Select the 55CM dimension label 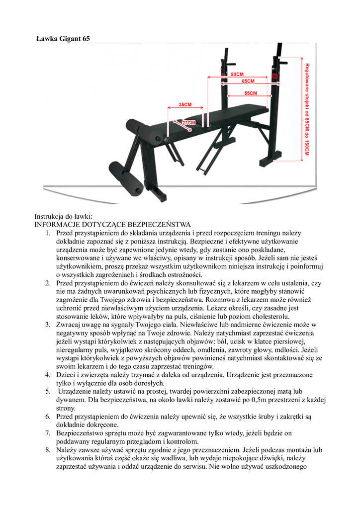click(x=251, y=93)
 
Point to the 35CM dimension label click(x=185, y=105)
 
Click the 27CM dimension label click(x=188, y=122)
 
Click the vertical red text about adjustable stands click(x=307, y=109)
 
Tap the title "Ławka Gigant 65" click(x=63, y=38)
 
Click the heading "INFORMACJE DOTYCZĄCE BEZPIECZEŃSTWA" click(x=109, y=225)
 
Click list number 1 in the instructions click(x=47, y=233)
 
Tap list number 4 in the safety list click(x=47, y=374)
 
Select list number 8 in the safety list click(x=47, y=449)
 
